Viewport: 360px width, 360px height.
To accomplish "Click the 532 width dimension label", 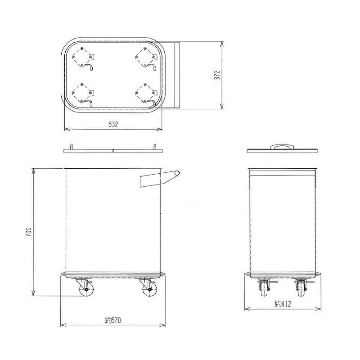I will [113, 125].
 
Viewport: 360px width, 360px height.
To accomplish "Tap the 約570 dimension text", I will [113, 320].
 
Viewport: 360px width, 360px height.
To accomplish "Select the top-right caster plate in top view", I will [144, 58].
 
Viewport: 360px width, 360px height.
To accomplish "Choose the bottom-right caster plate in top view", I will [144, 93].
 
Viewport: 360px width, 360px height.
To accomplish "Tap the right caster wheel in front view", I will [148, 291].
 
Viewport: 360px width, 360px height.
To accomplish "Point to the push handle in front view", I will [155, 180].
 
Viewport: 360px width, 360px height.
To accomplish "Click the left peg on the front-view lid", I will [71, 147].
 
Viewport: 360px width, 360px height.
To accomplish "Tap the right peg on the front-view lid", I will [155, 147].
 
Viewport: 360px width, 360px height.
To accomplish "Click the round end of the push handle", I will [178, 173].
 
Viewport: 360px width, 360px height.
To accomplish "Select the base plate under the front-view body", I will [113, 274].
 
